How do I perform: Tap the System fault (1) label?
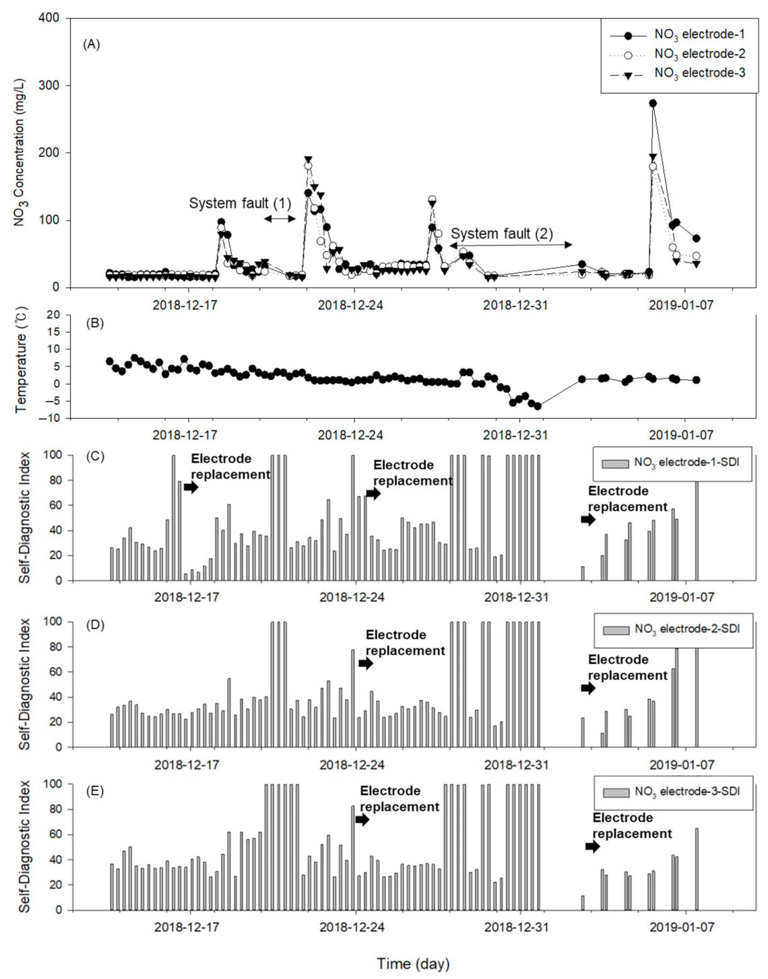coord(240,203)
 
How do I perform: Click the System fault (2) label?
coord(501,234)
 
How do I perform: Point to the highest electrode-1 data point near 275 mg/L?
coord(652,103)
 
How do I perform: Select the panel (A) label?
coord(91,44)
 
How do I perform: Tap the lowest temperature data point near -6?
coord(538,406)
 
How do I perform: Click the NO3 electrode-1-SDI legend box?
coord(671,463)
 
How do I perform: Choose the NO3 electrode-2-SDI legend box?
coord(672,630)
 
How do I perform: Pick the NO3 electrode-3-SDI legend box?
coord(672,792)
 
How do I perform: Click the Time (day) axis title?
coord(413,964)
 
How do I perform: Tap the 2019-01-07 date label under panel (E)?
coord(682,927)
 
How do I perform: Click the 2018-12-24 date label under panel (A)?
coord(350,305)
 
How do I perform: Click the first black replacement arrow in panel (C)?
coord(191,487)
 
